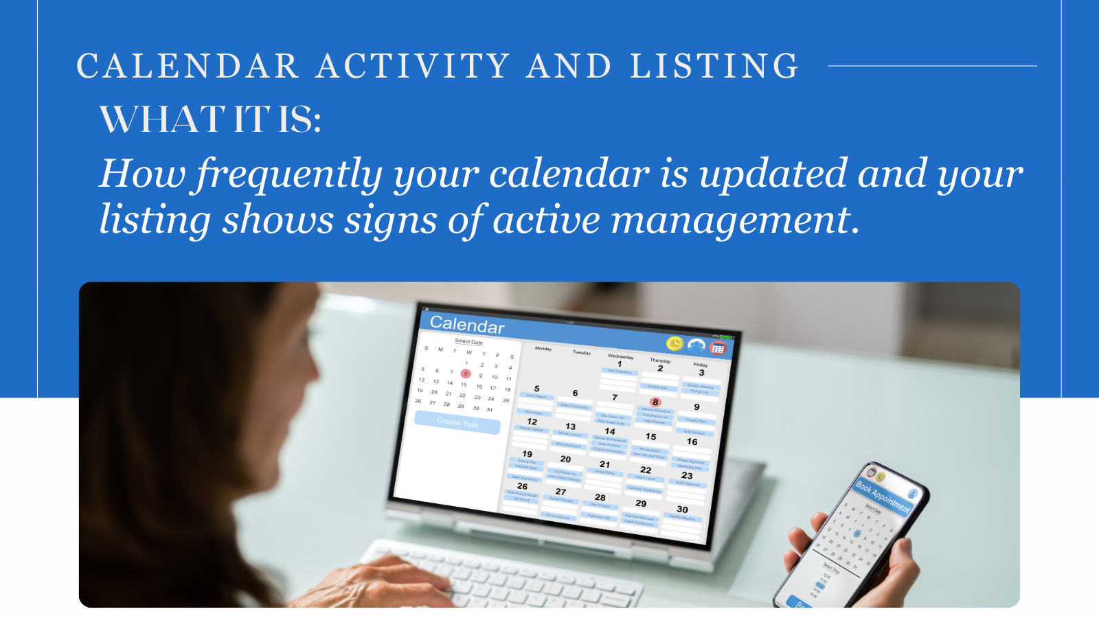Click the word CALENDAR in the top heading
188,67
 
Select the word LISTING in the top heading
714,67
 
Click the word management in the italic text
730,220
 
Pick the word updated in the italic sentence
773,173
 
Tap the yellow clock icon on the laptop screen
675,343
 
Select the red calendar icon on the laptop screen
718,348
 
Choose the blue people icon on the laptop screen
696,345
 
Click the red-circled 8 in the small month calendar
466,374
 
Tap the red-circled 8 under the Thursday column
655,402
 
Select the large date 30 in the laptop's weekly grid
682,510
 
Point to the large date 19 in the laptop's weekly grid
527,454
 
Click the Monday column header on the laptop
543,349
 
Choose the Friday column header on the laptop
700,365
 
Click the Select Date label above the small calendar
468,341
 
